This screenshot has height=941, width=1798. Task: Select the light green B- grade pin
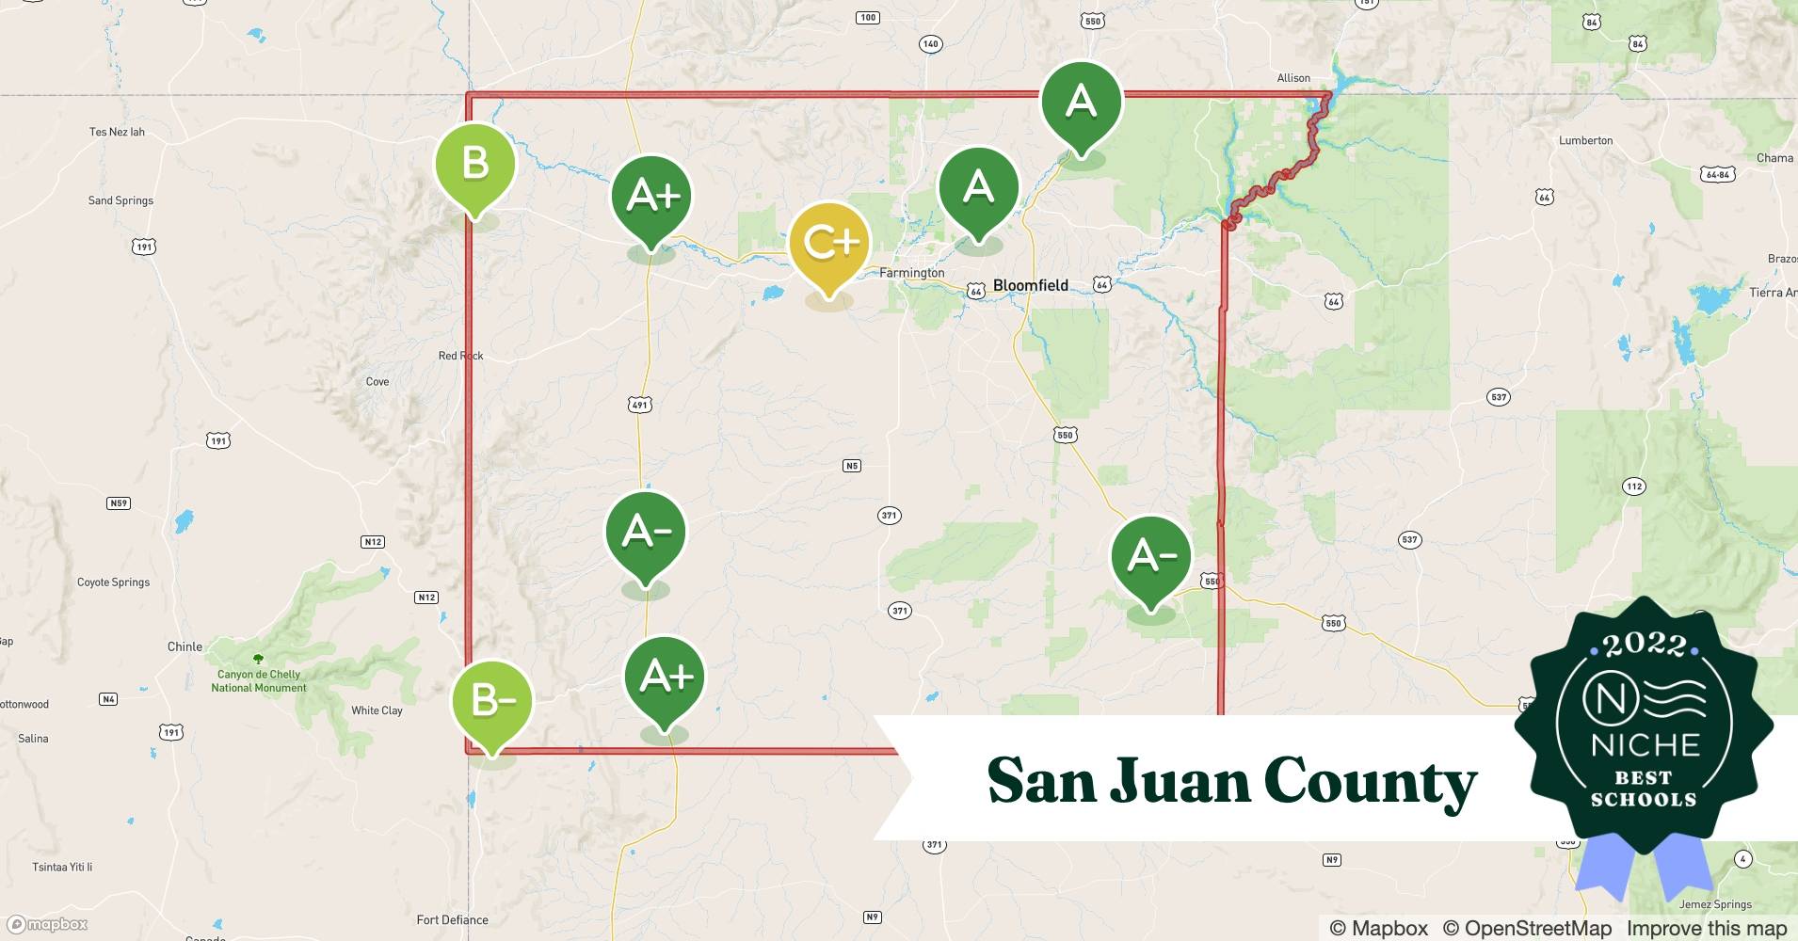(490, 701)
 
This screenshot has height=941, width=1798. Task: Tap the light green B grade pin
(475, 164)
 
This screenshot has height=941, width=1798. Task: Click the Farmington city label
(911, 273)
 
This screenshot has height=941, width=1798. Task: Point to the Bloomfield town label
(1031, 285)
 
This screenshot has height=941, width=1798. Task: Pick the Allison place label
(1293, 78)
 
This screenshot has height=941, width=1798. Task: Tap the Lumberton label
(1585, 140)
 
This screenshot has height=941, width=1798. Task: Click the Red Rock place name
(460, 356)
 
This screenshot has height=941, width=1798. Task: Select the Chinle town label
(185, 646)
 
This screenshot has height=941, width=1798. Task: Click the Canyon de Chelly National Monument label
(259, 680)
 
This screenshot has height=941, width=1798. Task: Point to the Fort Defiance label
(452, 919)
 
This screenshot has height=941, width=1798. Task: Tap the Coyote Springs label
(113, 582)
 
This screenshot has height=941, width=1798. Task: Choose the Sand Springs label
(120, 200)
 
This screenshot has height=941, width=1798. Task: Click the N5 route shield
(851, 466)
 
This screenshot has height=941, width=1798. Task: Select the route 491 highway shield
(639, 406)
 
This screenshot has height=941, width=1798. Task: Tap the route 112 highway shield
(1633, 486)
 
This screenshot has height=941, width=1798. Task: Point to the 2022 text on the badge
(1644, 645)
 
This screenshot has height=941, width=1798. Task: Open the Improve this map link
(1706, 928)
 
